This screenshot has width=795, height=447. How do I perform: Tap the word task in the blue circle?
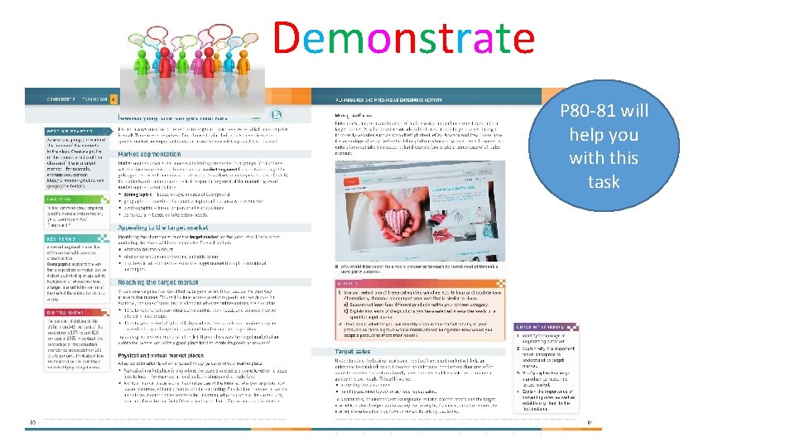tap(604, 181)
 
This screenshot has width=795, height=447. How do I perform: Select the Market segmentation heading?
tap(149, 154)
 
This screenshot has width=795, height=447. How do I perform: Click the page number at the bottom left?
tap(31, 422)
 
